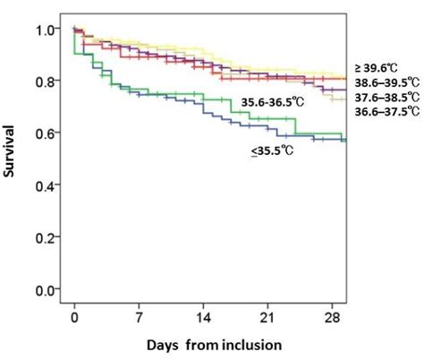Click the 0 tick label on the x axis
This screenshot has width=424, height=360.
pos(75,316)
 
